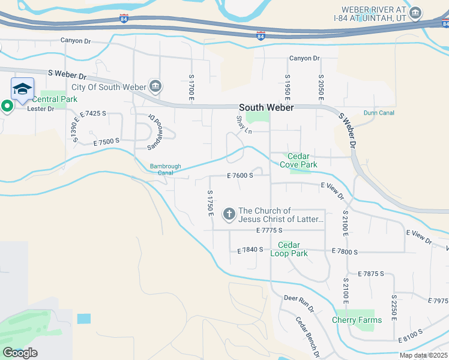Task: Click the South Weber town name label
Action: pos(267,107)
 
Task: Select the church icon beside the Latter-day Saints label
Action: pos(229,214)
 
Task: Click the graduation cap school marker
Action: pos(23,90)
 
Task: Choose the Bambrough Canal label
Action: pos(166,170)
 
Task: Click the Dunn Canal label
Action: pos(379,112)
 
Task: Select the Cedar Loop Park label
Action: pos(293,249)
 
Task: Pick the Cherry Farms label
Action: pos(357,320)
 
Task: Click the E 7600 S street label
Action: pos(240,175)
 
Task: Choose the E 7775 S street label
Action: pos(268,230)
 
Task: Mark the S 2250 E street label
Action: pos(394,307)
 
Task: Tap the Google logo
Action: pos(20,352)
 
